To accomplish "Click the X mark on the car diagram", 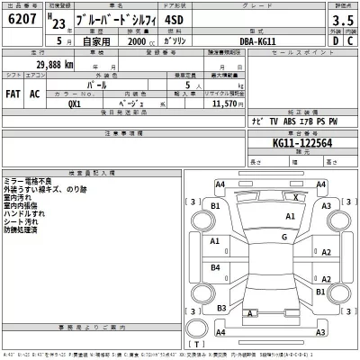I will coord(296,195).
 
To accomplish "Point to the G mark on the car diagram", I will coord(283,237).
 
